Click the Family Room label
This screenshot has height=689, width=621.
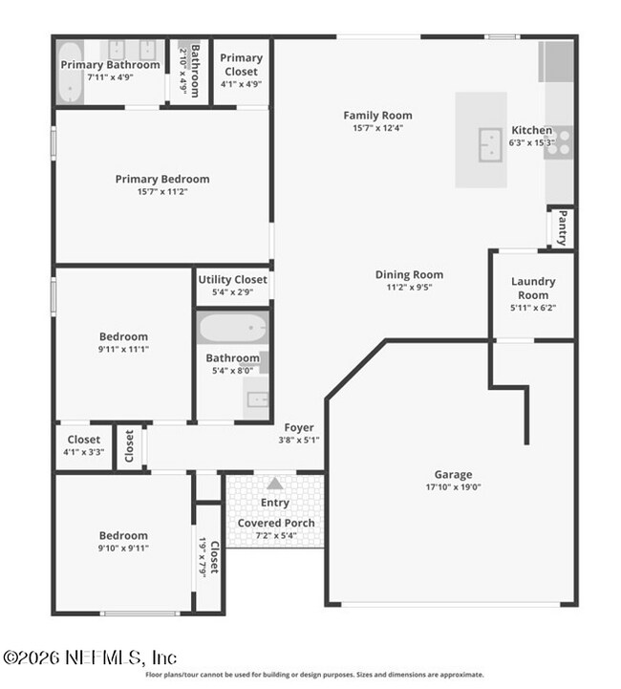tap(377, 116)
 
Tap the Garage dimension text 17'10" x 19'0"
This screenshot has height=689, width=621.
tap(453, 486)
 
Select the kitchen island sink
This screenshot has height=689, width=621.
tap(490, 144)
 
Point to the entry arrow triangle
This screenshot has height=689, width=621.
tap(275, 484)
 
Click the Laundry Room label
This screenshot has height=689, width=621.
tap(533, 288)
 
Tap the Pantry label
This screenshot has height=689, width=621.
tap(563, 227)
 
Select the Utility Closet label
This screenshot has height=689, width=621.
tap(232, 279)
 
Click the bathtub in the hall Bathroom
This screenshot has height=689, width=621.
tap(232, 328)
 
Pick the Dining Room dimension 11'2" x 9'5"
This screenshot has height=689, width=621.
tap(409, 287)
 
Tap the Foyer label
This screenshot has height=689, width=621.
tap(299, 427)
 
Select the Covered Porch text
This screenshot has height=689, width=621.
tap(275, 523)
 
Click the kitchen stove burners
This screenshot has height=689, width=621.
tap(559, 141)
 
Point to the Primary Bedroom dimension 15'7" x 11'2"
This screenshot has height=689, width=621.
tap(162, 191)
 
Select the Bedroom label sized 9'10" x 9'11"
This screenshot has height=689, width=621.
tap(123, 535)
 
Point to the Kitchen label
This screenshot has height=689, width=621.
tap(531, 130)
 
